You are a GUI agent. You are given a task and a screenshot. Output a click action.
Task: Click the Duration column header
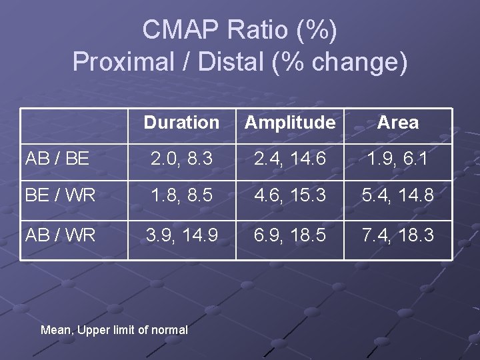pos(181,123)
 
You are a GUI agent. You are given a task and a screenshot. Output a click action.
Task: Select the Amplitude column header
pos(290,123)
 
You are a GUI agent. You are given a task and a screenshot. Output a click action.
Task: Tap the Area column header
pos(397,123)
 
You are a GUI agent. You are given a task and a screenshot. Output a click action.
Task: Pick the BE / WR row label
pos(60,196)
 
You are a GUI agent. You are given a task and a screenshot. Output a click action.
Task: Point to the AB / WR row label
pos(60,235)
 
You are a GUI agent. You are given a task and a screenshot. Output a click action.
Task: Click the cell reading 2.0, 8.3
pos(181,159)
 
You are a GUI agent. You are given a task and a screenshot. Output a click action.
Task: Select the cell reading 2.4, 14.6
pos(290,159)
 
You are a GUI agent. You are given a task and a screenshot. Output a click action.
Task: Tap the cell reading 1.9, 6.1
pos(397,159)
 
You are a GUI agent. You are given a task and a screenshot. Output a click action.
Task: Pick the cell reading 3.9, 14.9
pos(181,235)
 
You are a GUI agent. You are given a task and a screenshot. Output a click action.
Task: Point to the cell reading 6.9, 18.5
pos(290,235)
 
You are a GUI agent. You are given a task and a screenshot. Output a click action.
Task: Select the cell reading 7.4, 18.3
pos(397,235)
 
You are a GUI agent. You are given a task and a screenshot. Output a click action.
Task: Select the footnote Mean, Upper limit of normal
pos(114,329)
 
